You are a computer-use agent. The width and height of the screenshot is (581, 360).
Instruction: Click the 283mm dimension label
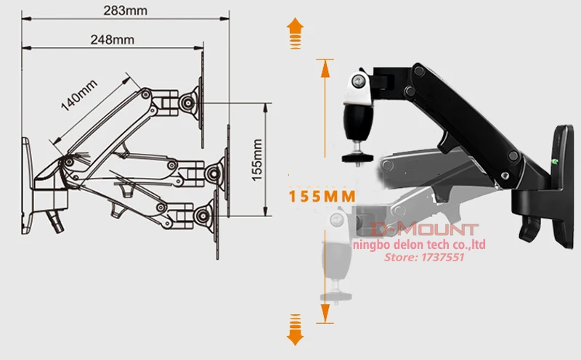click(x=125, y=10)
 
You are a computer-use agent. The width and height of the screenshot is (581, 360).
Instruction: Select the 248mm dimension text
click(x=113, y=39)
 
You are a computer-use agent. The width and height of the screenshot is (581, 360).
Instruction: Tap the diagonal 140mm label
click(x=79, y=95)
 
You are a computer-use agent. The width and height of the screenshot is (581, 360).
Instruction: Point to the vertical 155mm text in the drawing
click(x=257, y=160)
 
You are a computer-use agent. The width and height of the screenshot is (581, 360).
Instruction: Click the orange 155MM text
click(x=322, y=196)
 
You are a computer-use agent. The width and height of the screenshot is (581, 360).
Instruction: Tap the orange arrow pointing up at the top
click(x=295, y=33)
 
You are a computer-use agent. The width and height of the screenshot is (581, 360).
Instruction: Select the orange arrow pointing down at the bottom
click(x=295, y=330)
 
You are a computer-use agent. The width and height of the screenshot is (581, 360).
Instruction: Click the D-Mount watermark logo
click(x=425, y=229)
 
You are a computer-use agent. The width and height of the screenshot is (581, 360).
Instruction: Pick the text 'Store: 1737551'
click(x=424, y=257)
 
